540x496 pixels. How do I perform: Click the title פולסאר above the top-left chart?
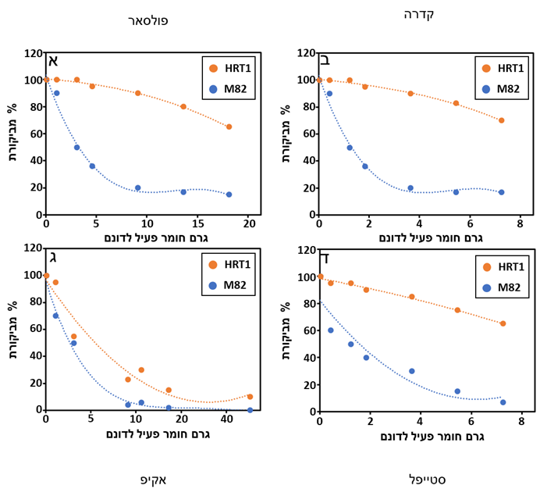click(148, 21)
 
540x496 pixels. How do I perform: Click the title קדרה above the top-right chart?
click(419, 15)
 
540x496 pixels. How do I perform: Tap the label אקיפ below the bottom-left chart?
click(154, 480)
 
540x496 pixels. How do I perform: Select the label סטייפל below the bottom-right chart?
click(427, 478)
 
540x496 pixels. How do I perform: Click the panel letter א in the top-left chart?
click(54, 61)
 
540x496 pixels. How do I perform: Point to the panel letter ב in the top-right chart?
click(325, 60)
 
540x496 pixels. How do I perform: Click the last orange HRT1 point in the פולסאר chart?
click(229, 127)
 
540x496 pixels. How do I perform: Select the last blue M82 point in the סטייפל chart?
click(503, 402)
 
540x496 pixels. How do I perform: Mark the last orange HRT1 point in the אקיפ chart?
click(250, 397)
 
